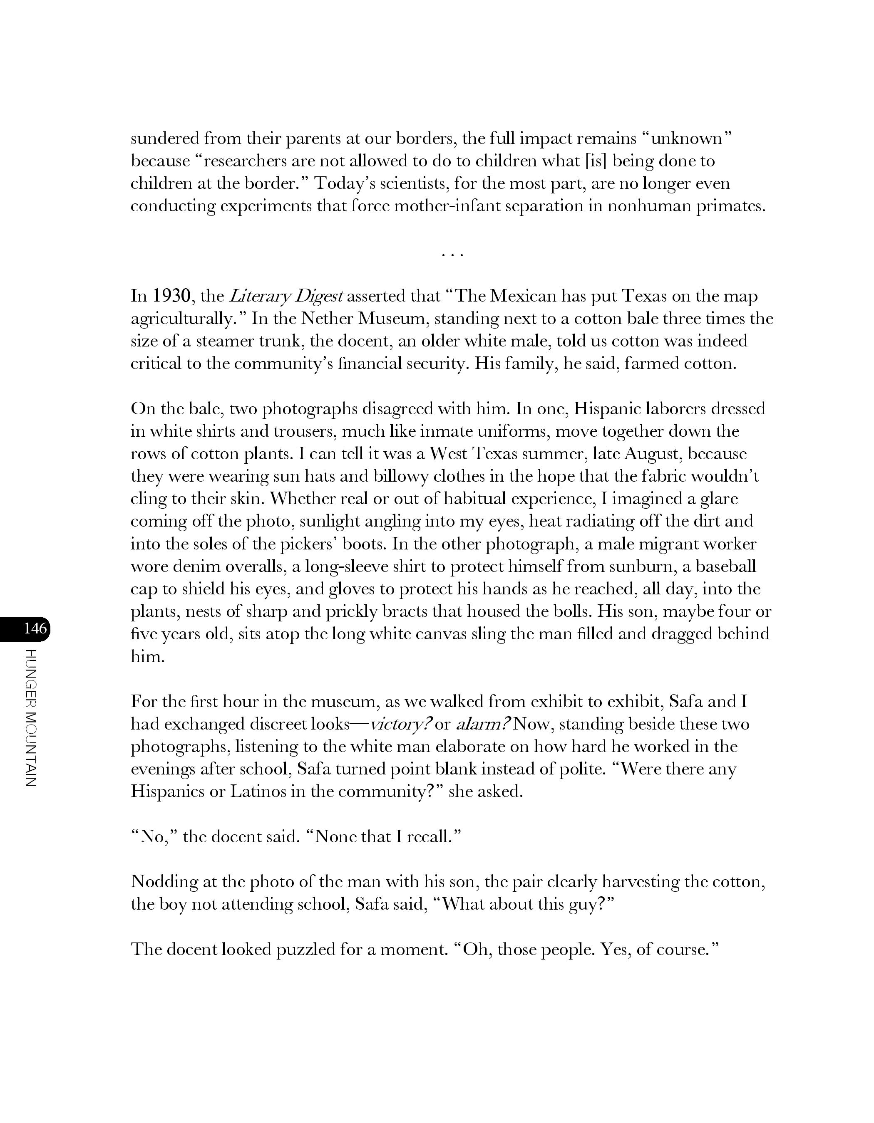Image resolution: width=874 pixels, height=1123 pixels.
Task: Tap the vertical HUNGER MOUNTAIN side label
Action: [31, 718]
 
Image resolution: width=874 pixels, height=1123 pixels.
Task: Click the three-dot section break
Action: [453, 254]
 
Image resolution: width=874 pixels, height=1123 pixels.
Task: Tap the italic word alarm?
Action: [483, 724]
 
